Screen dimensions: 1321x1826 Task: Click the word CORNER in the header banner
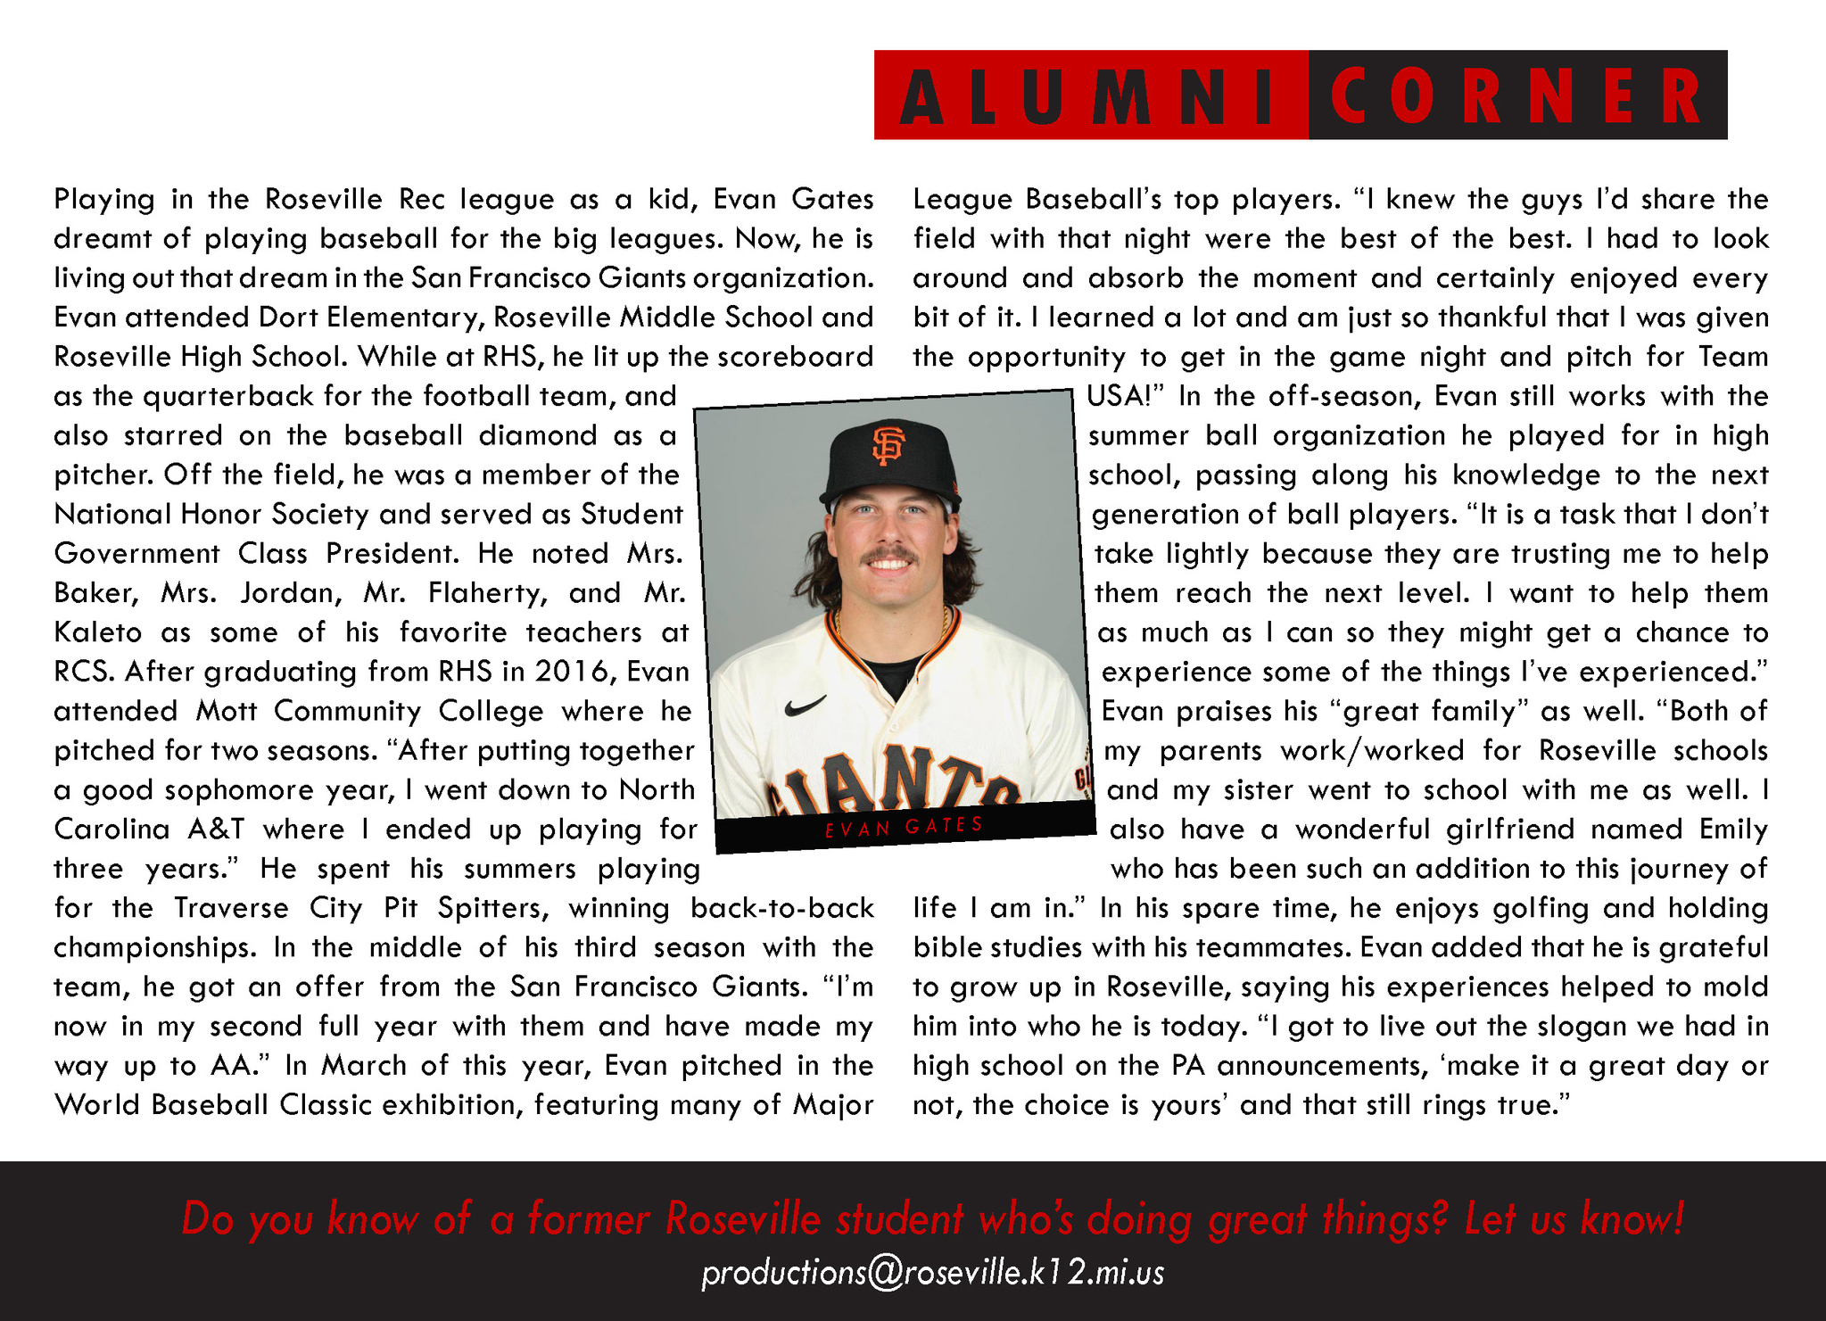pyautogui.click(x=1516, y=95)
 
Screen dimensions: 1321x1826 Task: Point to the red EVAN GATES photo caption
pyautogui.click(x=904, y=827)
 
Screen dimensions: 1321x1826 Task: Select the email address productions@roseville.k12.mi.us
pyautogui.click(x=932, y=1273)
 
